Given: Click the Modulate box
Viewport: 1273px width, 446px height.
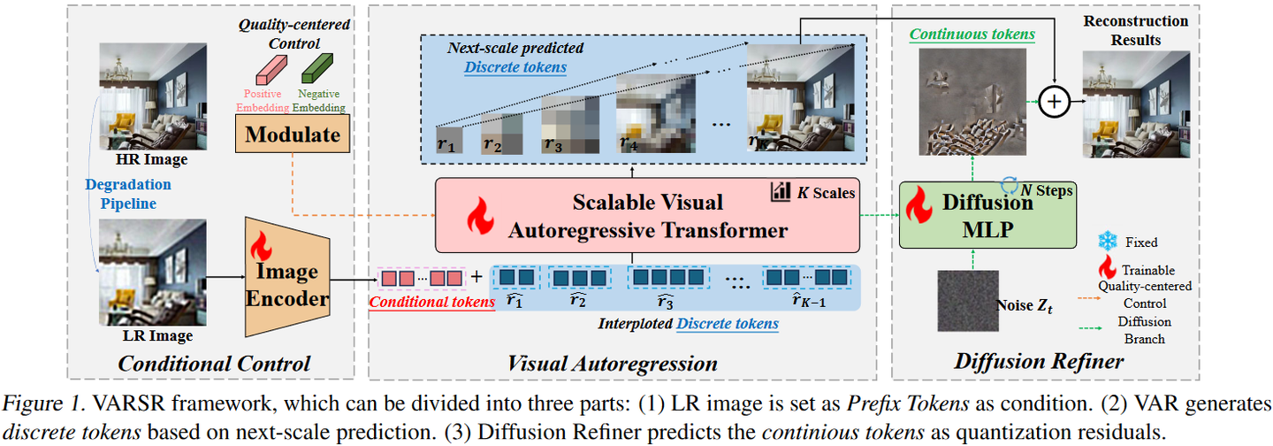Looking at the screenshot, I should pos(293,135).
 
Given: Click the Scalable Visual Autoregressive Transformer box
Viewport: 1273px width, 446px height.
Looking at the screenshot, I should pos(647,215).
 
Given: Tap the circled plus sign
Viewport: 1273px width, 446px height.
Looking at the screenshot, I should pos(1053,102).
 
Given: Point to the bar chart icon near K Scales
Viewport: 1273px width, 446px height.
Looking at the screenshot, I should pos(780,191).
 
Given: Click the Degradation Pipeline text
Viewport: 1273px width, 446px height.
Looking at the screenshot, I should pos(128,195).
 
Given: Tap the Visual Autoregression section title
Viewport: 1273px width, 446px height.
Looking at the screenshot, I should pos(613,363).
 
